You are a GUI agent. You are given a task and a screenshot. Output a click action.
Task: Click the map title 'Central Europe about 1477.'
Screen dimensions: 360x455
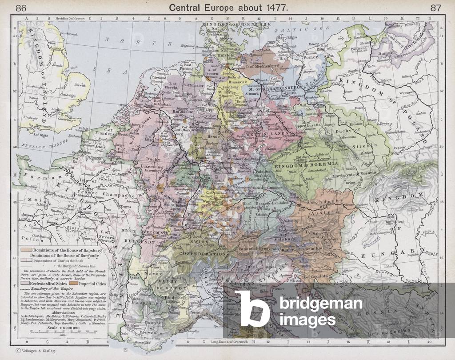[x=227, y=8]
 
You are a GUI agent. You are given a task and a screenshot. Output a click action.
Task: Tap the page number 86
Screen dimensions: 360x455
[x=21, y=8]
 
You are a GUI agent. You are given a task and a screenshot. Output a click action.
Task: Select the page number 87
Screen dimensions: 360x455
[x=435, y=8]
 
